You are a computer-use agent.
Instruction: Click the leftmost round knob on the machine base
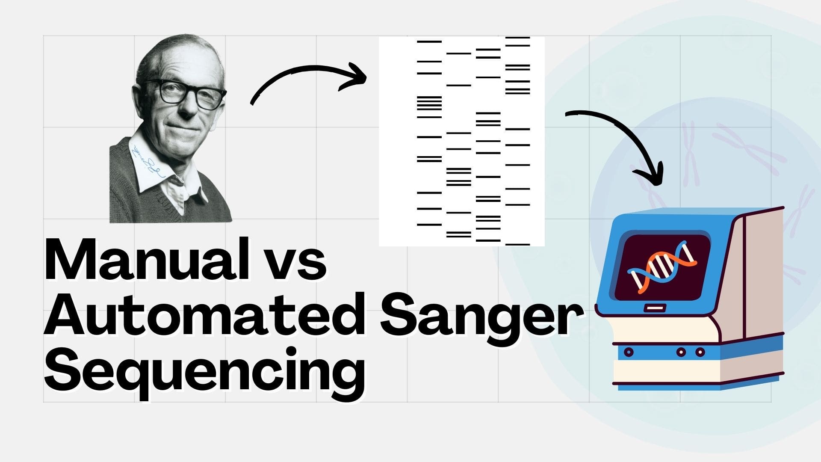[x=629, y=352]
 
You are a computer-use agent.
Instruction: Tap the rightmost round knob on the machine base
[x=700, y=352]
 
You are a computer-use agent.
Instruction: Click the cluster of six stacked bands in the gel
[x=429, y=103]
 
